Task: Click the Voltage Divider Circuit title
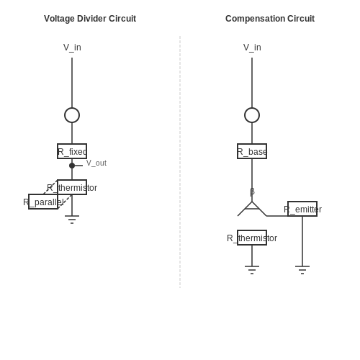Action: pos(90,19)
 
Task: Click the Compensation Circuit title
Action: pos(270,19)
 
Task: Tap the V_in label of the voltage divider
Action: pos(72,48)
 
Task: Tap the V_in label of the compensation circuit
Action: pos(252,48)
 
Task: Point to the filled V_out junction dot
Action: pos(72,166)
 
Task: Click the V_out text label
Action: pos(96,163)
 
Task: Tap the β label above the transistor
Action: pos(252,192)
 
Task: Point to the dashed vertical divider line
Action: pos(180,162)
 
